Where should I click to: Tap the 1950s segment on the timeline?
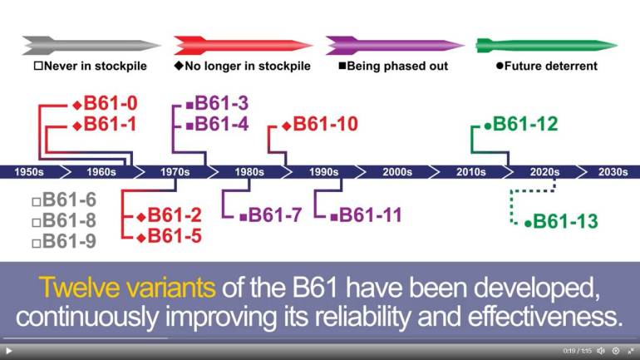(x=29, y=172)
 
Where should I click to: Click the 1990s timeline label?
(x=323, y=172)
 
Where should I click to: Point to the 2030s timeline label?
(x=613, y=172)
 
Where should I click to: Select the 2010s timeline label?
(x=471, y=172)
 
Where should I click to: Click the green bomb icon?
(x=547, y=45)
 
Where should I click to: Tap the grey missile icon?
(x=91, y=45)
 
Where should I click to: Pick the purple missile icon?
(x=395, y=45)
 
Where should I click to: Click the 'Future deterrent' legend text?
(x=550, y=67)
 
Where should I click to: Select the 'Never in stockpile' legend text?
(x=95, y=67)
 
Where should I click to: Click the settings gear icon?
(x=616, y=351)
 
